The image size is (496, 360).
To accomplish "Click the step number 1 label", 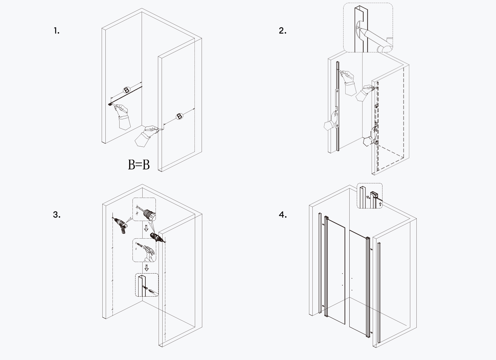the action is [x=57, y=31].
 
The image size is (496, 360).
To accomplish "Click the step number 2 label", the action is [x=283, y=31].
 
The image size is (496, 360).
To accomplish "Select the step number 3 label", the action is [x=57, y=215].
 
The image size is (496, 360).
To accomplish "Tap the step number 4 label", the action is [x=283, y=215].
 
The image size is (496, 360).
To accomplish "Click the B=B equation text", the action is [x=139, y=165].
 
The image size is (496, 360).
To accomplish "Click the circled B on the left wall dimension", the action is [x=126, y=90].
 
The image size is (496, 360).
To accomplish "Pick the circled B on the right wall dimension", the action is [x=180, y=116].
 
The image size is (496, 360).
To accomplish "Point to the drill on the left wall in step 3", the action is [x=121, y=225].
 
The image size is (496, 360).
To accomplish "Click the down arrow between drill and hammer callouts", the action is [x=146, y=228].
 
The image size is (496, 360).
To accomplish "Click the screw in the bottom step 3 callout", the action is [x=145, y=287].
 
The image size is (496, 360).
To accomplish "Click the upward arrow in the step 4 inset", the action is [x=380, y=204].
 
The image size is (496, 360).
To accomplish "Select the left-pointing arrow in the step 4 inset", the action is [x=368, y=197].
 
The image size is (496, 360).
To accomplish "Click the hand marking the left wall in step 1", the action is [x=122, y=114].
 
